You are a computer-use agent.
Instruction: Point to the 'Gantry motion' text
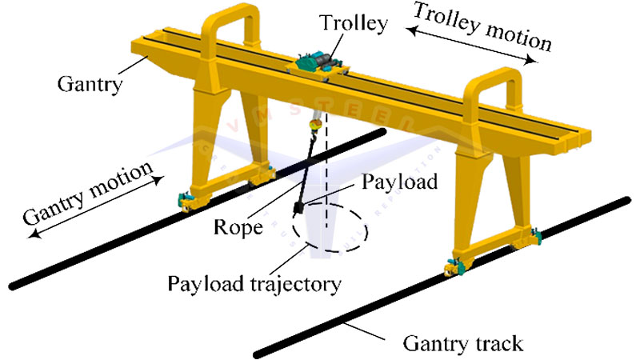tap(87, 195)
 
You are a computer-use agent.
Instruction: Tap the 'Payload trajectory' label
tap(239, 282)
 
